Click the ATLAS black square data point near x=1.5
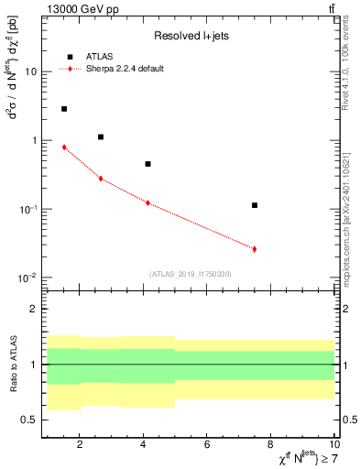(x=64, y=109)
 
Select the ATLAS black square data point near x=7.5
(x=255, y=205)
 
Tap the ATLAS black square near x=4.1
(x=147, y=164)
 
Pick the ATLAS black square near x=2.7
(x=101, y=136)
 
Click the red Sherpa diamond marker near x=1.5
(x=64, y=147)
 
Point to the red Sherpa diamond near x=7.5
(x=255, y=248)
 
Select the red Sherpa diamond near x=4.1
(x=147, y=202)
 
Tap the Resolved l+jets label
(x=188, y=36)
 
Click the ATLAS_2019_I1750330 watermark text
(x=190, y=274)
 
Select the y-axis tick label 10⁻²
(x=27, y=278)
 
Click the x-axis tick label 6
(x=207, y=445)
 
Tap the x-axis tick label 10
(x=333, y=445)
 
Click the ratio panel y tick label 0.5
(x=29, y=420)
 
